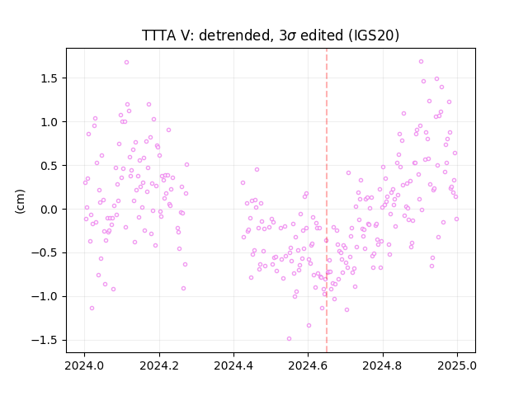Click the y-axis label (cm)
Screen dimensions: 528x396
20,201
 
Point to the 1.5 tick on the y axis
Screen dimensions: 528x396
50,78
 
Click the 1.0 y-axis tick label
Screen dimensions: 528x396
50,122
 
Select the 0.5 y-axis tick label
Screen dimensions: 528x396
50,166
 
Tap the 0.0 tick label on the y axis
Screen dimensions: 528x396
50,209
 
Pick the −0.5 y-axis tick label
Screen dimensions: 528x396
46,253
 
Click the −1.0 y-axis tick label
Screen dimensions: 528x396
46,297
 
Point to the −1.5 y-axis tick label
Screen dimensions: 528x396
46,340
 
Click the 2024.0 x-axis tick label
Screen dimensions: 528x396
85,365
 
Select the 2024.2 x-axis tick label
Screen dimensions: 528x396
159,365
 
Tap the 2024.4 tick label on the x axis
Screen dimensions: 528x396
233,365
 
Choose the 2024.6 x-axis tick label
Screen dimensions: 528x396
308,365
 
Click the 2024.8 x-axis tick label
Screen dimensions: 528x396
383,365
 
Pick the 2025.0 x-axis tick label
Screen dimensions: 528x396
457,365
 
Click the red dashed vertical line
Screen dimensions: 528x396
327,200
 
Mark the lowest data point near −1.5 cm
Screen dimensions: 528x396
289,339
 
